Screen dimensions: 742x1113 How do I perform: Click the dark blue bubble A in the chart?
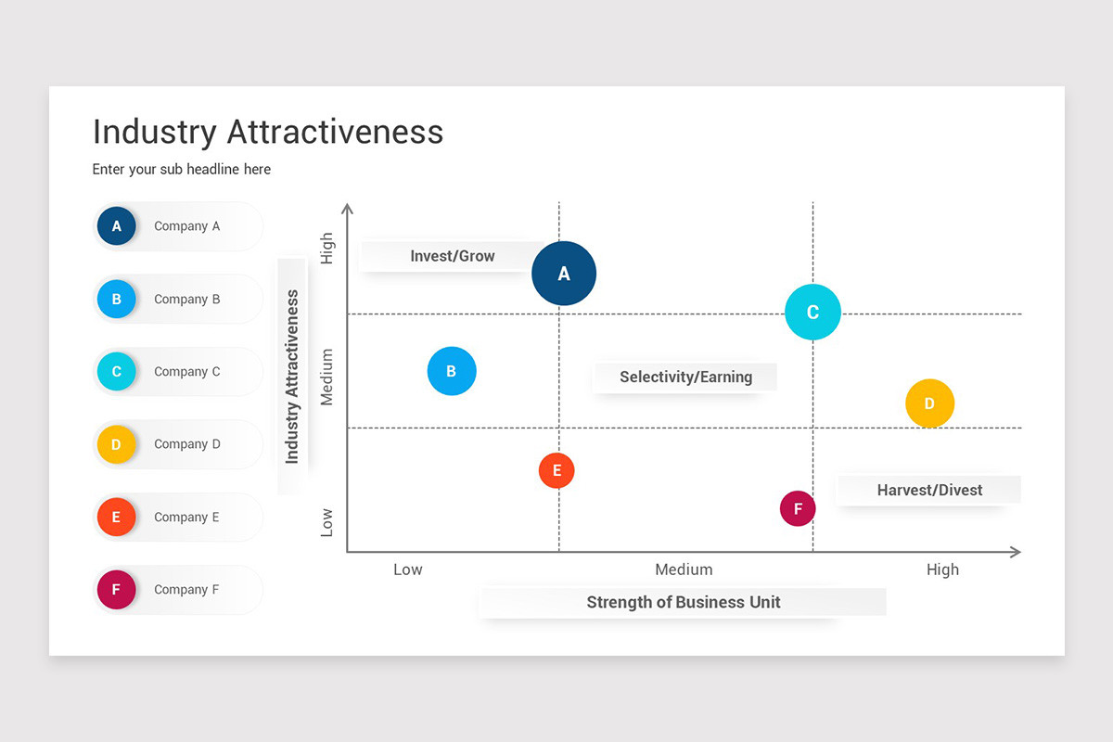pyautogui.click(x=564, y=274)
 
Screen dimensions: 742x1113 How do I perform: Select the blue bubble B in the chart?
pyautogui.click(x=452, y=371)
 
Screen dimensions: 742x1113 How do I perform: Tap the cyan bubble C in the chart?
pyautogui.click(x=812, y=313)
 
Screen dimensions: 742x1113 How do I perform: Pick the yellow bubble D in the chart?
pyautogui.click(x=929, y=403)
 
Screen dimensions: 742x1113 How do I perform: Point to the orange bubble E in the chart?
pyautogui.click(x=556, y=470)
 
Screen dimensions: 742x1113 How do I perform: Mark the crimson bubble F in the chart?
pyautogui.click(x=798, y=508)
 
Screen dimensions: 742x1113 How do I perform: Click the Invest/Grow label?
pyautogui.click(x=453, y=256)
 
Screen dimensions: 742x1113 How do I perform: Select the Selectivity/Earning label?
pyautogui.click(x=685, y=377)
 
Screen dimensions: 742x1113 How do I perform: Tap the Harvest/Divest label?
pyautogui.click(x=929, y=490)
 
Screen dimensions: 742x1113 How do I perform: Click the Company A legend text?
pyautogui.click(x=186, y=226)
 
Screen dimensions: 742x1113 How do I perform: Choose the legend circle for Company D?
pyautogui.click(x=116, y=444)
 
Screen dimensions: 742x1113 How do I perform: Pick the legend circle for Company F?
pyautogui.click(x=116, y=590)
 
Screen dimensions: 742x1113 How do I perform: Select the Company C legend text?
pyautogui.click(x=186, y=372)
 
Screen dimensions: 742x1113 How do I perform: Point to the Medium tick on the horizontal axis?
pyautogui.click(x=684, y=569)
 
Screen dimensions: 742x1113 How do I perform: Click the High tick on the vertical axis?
pyautogui.click(x=326, y=249)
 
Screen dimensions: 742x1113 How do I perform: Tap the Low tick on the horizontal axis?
pyautogui.click(x=407, y=569)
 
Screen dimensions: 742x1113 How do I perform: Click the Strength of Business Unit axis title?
pyautogui.click(x=684, y=602)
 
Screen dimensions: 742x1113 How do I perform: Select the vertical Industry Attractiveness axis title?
pyautogui.click(x=292, y=377)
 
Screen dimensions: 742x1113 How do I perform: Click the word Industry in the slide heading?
pyautogui.click(x=154, y=132)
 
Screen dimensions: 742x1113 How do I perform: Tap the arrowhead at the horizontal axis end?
pyautogui.click(x=1016, y=552)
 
